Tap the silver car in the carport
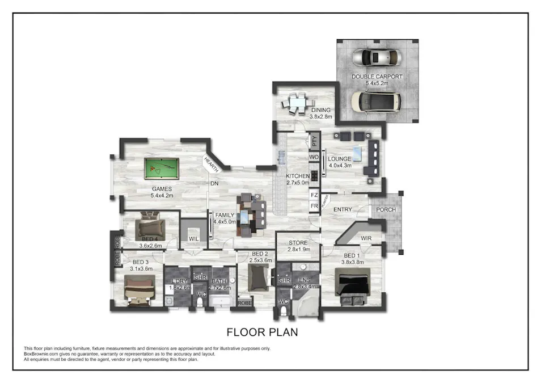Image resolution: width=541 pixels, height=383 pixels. click(377, 58)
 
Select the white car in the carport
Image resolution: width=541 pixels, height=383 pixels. click(375, 101)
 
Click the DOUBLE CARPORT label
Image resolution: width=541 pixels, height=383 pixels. click(377, 77)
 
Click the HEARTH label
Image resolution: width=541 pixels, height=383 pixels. click(212, 165)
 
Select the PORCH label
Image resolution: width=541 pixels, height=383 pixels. click(386, 210)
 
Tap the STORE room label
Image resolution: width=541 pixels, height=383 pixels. click(298, 243)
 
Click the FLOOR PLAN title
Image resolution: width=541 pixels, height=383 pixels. click(263, 331)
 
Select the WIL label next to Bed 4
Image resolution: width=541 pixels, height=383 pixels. click(194, 238)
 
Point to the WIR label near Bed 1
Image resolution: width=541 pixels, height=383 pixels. click(366, 238)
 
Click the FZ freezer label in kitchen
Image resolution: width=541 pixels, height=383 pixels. click(314, 195)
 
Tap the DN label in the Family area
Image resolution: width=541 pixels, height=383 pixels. click(214, 184)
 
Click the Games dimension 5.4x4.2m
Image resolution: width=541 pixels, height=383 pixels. click(162, 196)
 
